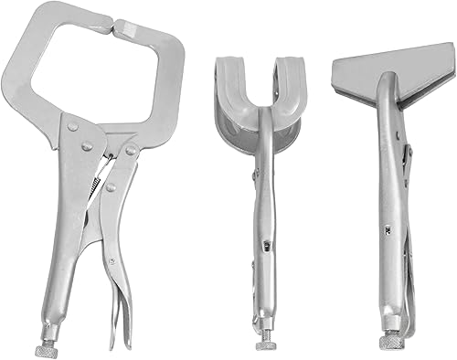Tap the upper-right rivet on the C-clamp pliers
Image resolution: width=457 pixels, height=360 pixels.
tap(131, 149)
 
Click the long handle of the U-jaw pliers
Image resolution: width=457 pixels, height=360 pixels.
tap(266, 228)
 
